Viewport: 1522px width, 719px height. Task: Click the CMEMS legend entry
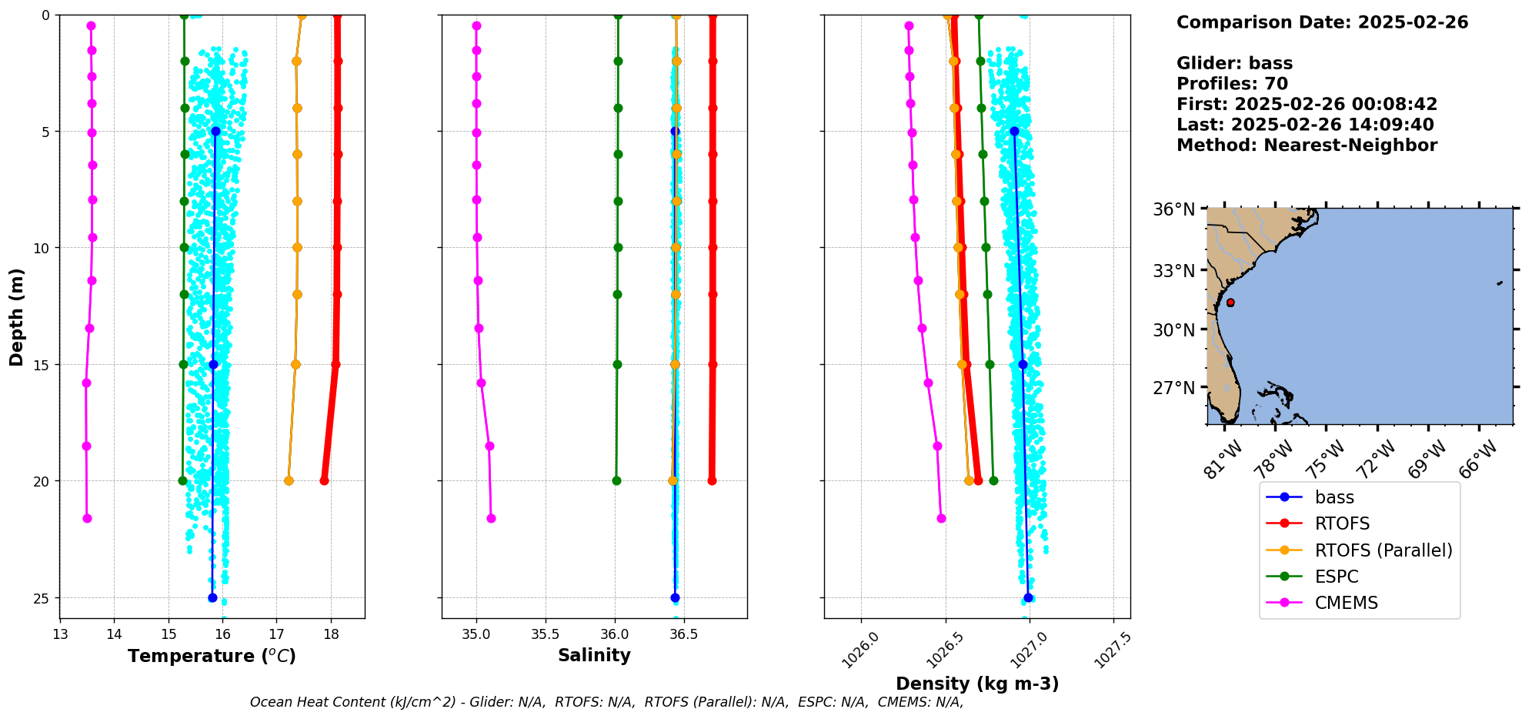pos(1346,603)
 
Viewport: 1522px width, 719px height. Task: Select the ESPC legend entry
pos(1337,577)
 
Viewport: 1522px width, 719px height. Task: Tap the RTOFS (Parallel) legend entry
pos(1383,550)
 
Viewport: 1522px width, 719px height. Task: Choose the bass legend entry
pos(1334,497)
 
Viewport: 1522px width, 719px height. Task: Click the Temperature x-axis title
pos(212,656)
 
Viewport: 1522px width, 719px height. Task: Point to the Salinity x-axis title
pos(594,655)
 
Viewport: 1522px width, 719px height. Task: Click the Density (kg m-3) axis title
pos(977,684)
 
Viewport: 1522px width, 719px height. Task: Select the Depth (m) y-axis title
pos(17,316)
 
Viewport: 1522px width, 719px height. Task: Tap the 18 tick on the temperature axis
pos(331,634)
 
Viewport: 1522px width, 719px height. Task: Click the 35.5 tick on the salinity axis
pos(546,634)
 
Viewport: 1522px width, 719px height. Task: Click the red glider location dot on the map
pos(1230,303)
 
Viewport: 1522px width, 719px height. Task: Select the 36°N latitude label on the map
pos(1173,209)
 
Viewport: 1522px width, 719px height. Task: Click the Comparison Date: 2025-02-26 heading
pos(1322,22)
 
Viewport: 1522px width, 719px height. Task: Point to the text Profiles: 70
pos(1232,84)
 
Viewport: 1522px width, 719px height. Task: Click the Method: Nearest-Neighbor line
pos(1307,145)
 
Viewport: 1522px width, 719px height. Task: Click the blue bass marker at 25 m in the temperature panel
pos(212,597)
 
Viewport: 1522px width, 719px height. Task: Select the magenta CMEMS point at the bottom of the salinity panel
pos(491,518)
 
